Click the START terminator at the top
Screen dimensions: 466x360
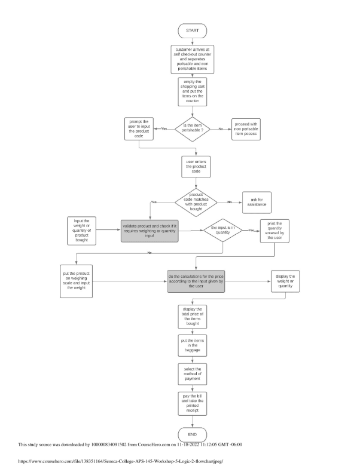(193, 30)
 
